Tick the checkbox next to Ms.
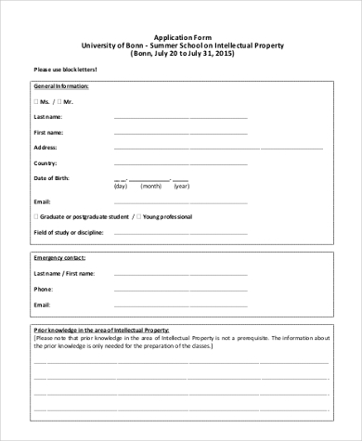pos(36,101)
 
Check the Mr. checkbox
pos(59,101)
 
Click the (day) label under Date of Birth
pos(120,187)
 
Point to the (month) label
pos(148,187)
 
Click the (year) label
pos(181,187)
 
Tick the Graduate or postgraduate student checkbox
pos(36,215)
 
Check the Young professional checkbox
pos(139,215)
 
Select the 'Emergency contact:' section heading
pos(59,257)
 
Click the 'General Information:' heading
pos(61,84)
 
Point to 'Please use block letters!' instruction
pos(65,69)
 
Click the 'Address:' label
pos(45,148)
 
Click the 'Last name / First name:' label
pos(63,274)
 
